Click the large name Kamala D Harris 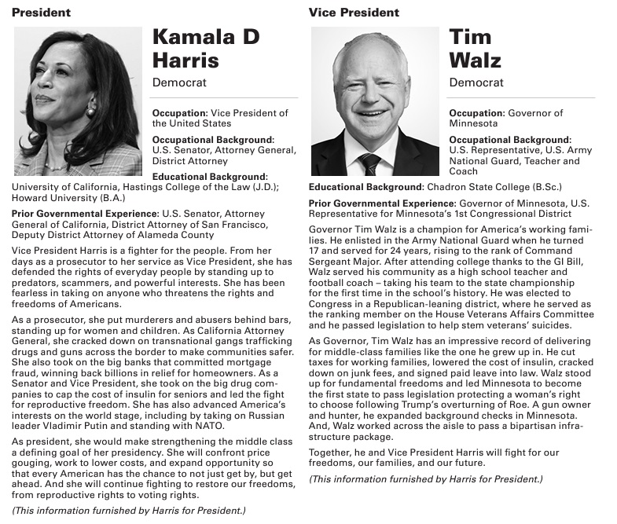[x=204, y=49]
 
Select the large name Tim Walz [x=475, y=49]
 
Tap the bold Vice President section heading [x=354, y=13]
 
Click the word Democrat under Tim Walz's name [x=476, y=82]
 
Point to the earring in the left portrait [x=90, y=112]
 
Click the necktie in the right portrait [x=370, y=164]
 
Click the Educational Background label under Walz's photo [x=365, y=188]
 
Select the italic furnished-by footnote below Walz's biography [x=425, y=478]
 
